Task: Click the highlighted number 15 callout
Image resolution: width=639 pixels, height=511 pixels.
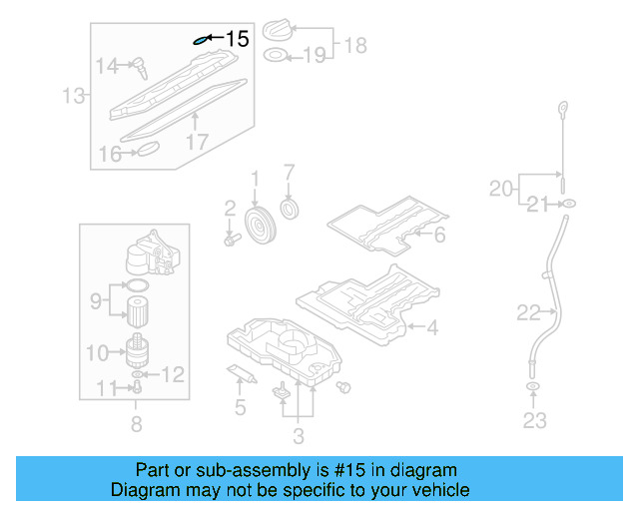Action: click(x=237, y=39)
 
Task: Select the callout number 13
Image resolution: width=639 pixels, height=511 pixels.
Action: click(x=72, y=96)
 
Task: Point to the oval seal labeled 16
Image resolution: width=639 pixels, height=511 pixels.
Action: click(x=148, y=150)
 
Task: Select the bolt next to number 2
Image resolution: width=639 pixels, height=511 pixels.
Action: click(x=232, y=240)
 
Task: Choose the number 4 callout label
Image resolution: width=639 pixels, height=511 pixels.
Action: click(x=431, y=326)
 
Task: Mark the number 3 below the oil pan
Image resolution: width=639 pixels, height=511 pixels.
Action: click(x=298, y=434)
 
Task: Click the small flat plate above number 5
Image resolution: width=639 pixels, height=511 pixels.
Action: click(x=237, y=373)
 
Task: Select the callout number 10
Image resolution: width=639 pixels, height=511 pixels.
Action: click(x=97, y=352)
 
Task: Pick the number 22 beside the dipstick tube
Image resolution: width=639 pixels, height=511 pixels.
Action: click(x=529, y=312)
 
